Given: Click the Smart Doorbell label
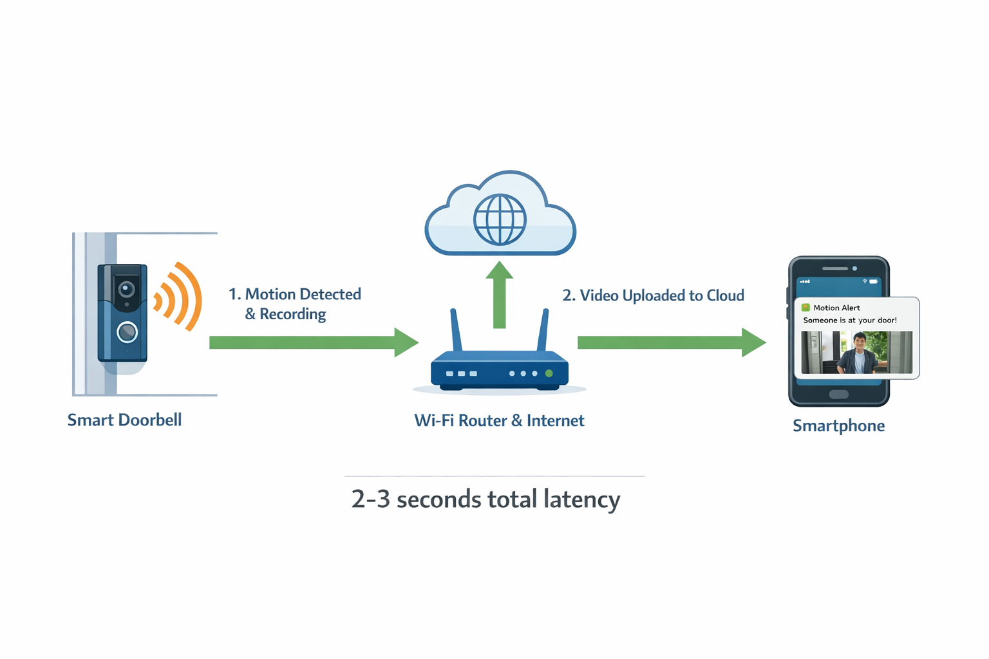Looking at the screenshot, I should point(124,420).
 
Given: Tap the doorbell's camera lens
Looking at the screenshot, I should point(126,289).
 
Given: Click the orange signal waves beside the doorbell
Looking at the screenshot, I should point(179,297).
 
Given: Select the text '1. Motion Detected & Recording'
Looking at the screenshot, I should point(294,304).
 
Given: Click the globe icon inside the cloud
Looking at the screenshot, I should point(500,219).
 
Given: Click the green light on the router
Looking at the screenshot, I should point(549,373).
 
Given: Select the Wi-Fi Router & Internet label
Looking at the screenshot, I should point(499,421).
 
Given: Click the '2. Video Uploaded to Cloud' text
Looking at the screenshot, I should point(653,295).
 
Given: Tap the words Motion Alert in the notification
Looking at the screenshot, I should point(836,308).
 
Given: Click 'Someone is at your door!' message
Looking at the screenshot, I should point(849,320).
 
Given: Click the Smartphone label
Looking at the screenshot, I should point(838,426).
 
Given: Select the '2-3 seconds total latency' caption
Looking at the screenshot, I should point(485,499).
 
